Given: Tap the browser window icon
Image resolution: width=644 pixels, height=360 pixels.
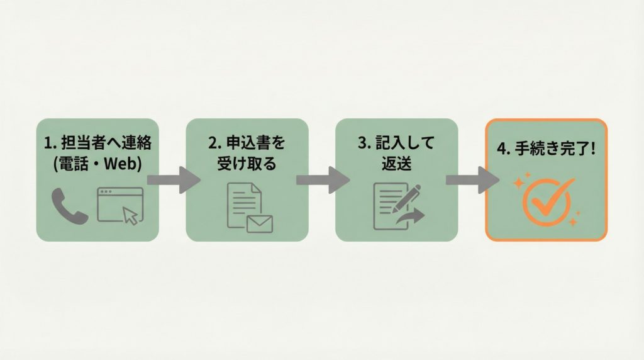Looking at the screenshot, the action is pos(120,205).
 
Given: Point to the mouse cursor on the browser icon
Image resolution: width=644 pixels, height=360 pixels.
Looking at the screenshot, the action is pos(131,216).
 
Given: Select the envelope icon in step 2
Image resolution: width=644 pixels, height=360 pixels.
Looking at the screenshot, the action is pos(260,225).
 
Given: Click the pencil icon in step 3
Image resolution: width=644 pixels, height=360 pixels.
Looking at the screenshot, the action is pos(407,198).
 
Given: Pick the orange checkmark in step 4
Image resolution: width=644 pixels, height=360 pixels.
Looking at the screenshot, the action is pos(552,197).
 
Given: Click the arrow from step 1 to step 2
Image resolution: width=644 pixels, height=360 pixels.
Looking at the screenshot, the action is pos(174,180).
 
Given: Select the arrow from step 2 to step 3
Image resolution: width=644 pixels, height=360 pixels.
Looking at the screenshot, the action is pos(323,180).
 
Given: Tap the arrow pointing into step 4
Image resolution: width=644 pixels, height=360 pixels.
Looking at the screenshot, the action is pos(473,180).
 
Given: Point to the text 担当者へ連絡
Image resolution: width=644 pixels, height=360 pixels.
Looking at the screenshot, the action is pos(106,143).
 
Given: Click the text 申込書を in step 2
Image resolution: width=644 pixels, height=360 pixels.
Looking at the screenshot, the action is pos(255,143).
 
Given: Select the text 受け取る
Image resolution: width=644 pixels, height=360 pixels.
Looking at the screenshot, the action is pos(247,164).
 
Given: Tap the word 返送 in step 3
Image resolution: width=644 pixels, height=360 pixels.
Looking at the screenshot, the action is pos(397,164).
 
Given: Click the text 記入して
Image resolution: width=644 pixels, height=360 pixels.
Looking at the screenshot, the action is pos(405,143).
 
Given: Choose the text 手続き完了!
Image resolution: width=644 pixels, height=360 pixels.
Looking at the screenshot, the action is pos(555,149).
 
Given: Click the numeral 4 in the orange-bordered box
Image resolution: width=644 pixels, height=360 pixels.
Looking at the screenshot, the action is pos(501,149).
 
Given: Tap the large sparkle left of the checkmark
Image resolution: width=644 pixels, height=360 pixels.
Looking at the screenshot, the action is pos(519,183).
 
